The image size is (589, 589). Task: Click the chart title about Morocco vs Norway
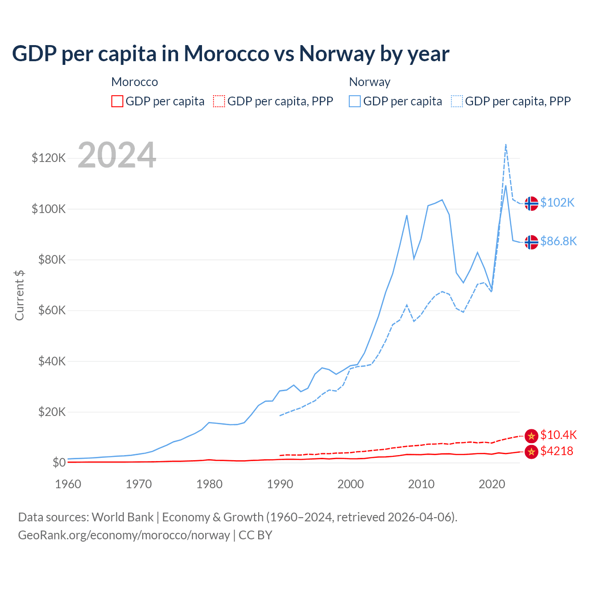(231, 54)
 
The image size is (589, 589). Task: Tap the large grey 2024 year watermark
(117, 155)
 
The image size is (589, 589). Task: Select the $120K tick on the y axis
(49, 158)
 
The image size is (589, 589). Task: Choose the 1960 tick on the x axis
(68, 484)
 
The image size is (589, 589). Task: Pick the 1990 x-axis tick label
(280, 484)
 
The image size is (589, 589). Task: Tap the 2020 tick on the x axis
(492, 484)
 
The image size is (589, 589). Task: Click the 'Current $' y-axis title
(19, 295)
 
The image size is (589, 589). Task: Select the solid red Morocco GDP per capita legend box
(117, 101)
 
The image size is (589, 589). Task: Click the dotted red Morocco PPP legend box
(219, 101)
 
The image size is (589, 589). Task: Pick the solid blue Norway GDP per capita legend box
(355, 101)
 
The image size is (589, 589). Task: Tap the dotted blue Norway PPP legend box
(457, 101)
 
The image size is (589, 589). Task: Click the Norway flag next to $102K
(531, 203)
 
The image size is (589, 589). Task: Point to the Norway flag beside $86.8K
(531, 242)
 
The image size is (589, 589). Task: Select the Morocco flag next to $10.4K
(531, 435)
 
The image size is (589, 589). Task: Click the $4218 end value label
(557, 451)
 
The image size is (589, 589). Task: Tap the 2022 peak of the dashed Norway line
(506, 144)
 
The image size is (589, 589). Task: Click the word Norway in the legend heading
(370, 82)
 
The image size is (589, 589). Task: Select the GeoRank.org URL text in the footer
(124, 535)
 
